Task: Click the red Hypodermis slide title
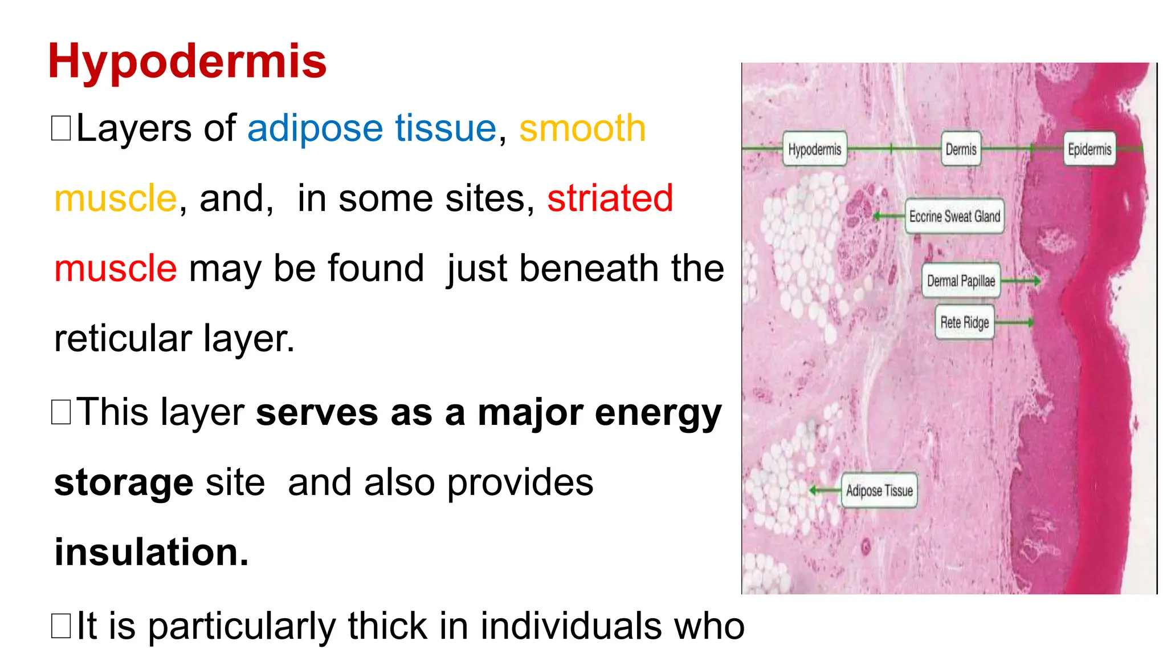(x=187, y=62)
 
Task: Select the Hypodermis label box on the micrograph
(x=814, y=149)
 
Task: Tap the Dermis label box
(x=961, y=149)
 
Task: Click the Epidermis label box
(x=1089, y=149)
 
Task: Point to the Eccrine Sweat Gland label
(x=954, y=216)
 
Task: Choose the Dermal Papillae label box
(x=961, y=281)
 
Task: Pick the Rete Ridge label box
(x=964, y=322)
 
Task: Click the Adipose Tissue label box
(x=879, y=490)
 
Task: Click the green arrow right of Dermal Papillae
(x=1021, y=281)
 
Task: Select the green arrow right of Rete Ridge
(x=1014, y=322)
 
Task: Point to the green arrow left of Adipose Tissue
(x=825, y=490)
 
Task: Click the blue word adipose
(x=315, y=129)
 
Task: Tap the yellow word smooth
(x=582, y=129)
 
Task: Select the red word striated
(x=610, y=198)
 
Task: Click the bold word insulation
(x=152, y=552)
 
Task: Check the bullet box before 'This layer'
(x=61, y=412)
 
